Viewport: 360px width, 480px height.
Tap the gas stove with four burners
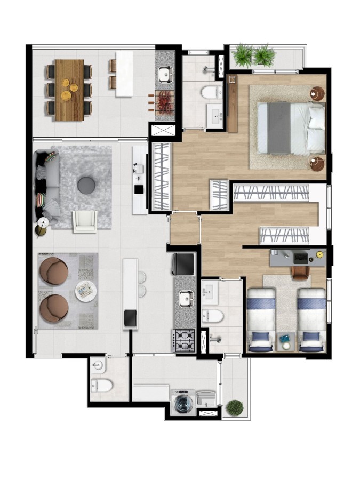[x=184, y=339]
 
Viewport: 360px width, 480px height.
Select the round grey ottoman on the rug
[x=86, y=185]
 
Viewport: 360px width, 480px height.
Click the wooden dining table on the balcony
[x=69, y=90]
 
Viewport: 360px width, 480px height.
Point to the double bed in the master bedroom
[x=291, y=127]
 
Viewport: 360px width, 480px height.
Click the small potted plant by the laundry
[x=234, y=408]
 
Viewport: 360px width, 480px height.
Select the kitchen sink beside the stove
[x=186, y=299]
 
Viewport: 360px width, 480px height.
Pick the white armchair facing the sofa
[x=85, y=221]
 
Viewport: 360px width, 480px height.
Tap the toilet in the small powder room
[x=102, y=384]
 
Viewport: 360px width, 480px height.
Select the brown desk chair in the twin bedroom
[x=300, y=272]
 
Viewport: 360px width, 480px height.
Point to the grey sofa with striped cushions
[x=46, y=187]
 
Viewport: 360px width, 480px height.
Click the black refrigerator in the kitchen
[x=183, y=263]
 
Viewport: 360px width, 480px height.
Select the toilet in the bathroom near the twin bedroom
[x=212, y=316]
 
